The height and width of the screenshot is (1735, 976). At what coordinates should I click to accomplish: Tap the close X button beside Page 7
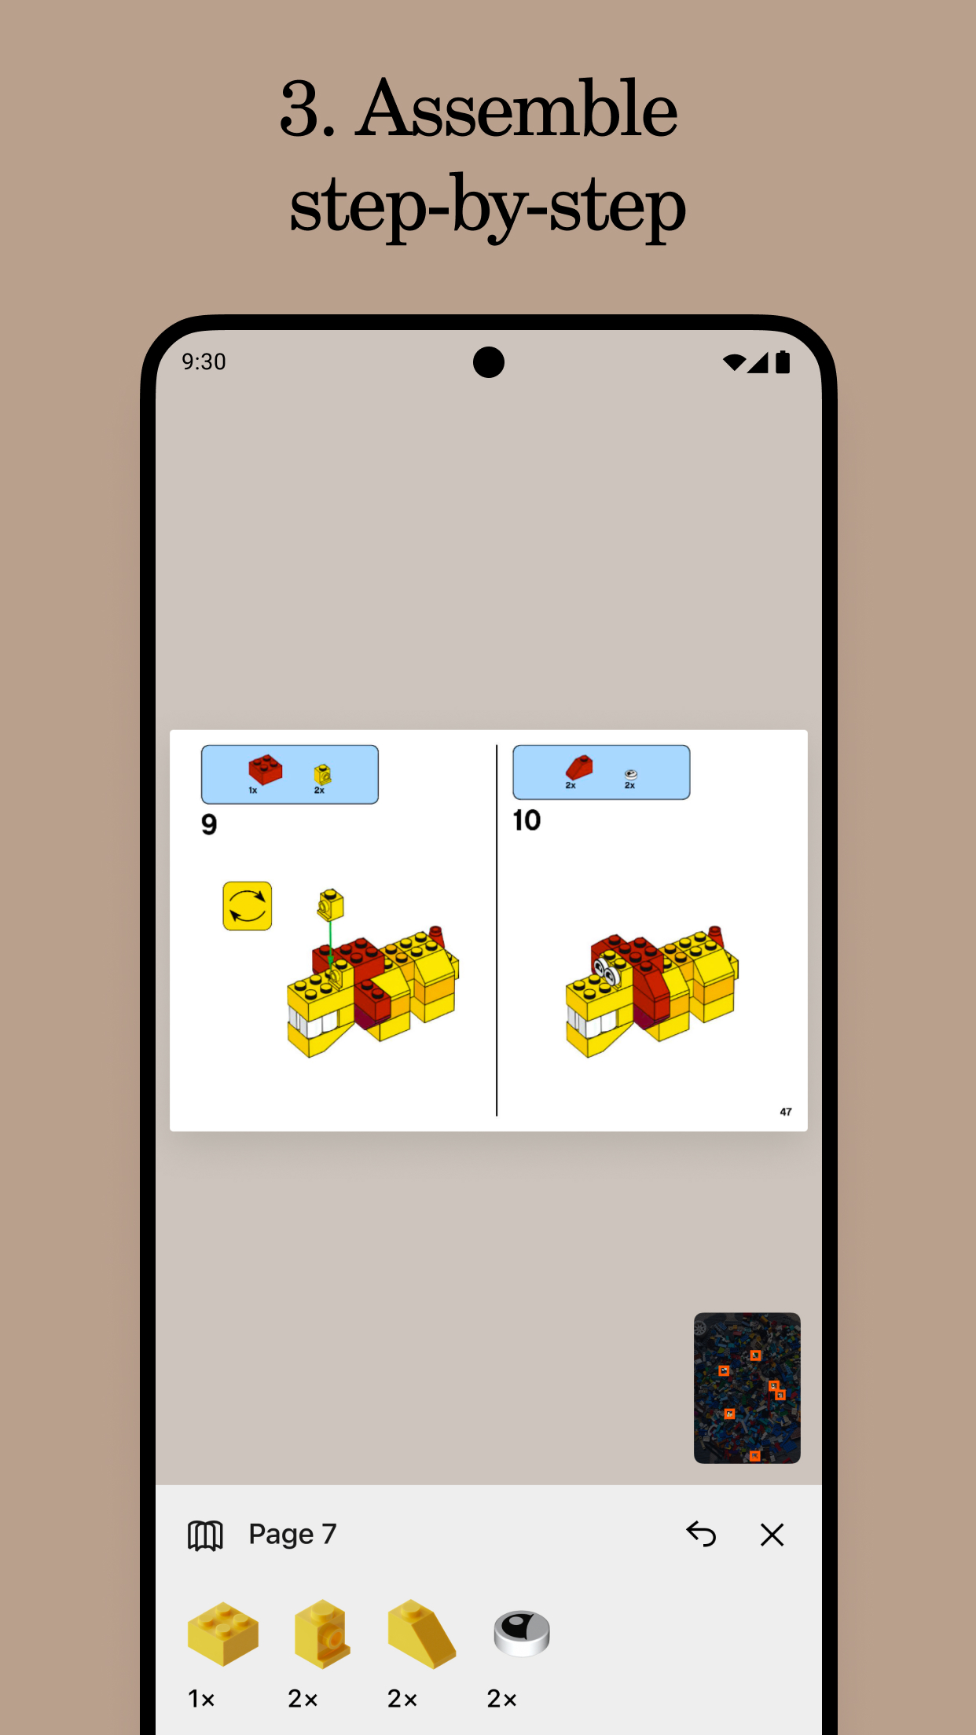coord(772,1535)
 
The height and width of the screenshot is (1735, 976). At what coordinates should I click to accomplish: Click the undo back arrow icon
coord(701,1534)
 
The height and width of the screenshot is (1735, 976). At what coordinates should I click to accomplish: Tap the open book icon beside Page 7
coord(205,1535)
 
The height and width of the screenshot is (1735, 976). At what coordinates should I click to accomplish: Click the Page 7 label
coord(292,1534)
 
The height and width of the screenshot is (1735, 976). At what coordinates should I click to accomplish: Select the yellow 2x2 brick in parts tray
coord(222,1634)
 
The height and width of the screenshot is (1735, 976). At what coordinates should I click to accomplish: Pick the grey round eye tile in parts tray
coord(522,1634)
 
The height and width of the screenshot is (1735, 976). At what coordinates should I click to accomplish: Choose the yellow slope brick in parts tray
coord(421,1634)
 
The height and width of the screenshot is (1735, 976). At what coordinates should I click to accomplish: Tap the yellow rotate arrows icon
coord(248,906)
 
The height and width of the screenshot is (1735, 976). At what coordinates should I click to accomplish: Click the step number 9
coord(209,824)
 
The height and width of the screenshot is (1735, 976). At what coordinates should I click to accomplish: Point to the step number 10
coord(527,820)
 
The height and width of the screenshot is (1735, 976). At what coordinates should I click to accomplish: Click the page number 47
coord(786,1111)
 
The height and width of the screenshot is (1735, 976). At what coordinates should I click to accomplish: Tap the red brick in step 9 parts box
coord(266,769)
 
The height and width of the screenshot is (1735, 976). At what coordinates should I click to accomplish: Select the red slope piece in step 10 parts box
coord(580,767)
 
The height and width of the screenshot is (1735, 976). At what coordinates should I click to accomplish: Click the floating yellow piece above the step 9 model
coord(331,904)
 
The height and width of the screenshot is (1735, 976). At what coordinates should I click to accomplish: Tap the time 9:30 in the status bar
coord(204,361)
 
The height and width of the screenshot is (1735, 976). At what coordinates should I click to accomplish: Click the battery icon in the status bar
coord(783,362)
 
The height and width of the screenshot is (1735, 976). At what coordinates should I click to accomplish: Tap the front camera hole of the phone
coord(488,362)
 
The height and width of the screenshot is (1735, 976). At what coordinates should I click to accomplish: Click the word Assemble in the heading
coord(517,110)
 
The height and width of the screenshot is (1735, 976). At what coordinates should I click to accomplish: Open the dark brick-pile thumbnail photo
coord(747,1388)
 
